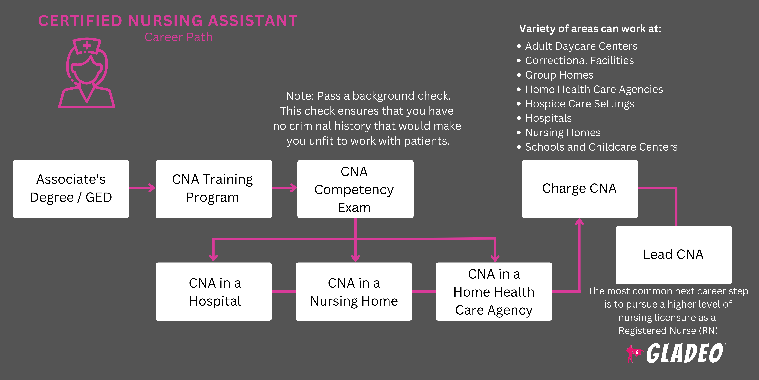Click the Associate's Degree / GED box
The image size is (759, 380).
point(71,189)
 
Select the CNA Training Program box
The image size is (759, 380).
point(213,189)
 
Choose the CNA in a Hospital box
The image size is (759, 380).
point(213,291)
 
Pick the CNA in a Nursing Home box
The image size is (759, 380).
point(354,291)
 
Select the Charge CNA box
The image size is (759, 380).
point(580,189)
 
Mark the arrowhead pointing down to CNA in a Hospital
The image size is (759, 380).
point(213,257)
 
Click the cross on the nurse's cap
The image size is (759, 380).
point(87,46)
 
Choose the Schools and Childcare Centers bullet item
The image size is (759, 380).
point(601,147)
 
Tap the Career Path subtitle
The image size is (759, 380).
point(178,37)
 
